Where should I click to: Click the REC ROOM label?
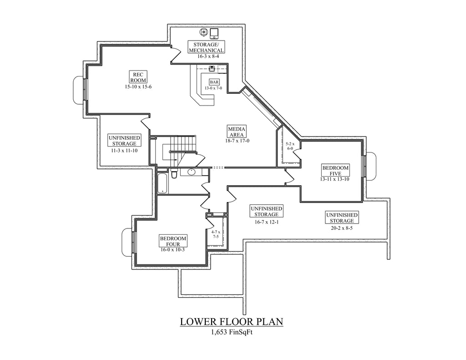[x=138, y=77]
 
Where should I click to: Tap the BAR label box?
[x=214, y=82]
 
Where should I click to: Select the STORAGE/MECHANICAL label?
[x=206, y=47]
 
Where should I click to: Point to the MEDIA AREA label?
[x=237, y=132]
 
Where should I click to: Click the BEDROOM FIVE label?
[x=335, y=170]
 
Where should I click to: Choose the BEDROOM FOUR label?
[x=173, y=241]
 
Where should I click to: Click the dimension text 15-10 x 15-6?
[x=138, y=87]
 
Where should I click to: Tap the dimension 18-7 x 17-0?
[x=237, y=141]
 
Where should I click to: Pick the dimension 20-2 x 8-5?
[x=341, y=228]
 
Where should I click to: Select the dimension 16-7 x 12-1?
[x=266, y=222]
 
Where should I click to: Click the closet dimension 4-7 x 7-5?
[x=216, y=234]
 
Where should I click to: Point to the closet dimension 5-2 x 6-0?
[x=290, y=146]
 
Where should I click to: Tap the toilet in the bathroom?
[x=174, y=173]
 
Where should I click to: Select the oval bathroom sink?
[x=192, y=172]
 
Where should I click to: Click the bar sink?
[x=212, y=69]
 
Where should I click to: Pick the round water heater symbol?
[x=204, y=32]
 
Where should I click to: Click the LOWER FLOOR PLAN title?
[x=232, y=322]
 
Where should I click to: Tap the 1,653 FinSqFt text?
[x=232, y=333]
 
